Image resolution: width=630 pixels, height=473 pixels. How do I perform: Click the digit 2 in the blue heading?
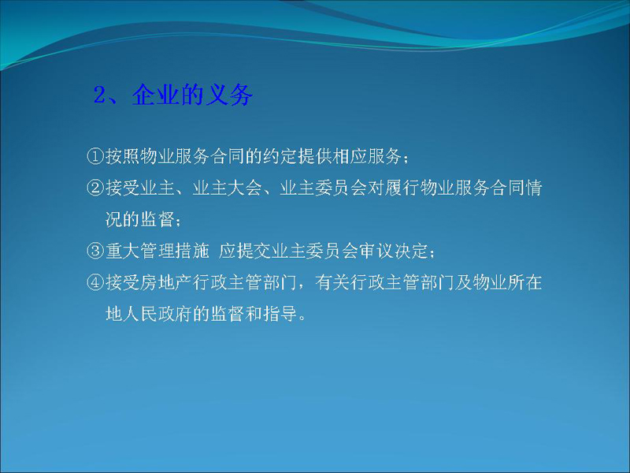coord(99,95)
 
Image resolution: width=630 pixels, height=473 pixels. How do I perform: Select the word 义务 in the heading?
coord(229,95)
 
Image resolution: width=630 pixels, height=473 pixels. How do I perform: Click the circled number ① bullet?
coord(95,156)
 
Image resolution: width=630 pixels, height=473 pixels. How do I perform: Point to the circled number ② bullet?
coord(95,188)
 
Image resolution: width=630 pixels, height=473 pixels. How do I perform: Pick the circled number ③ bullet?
coord(95,251)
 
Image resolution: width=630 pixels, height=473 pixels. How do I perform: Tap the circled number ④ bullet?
coord(95,282)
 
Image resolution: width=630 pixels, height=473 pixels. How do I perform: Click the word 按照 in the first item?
coord(123,156)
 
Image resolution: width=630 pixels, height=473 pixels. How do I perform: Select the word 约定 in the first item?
coord(280,156)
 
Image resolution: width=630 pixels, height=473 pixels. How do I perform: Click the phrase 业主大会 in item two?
coord(227,188)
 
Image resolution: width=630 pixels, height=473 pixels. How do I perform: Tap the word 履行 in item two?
coord(402,188)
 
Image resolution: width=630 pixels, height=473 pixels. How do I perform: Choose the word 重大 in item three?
coord(123,251)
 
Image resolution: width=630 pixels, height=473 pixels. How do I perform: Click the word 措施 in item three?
coord(192,251)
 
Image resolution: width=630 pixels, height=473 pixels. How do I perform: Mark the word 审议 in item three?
coord(376,251)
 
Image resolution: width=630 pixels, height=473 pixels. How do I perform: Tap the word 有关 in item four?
coord(332,282)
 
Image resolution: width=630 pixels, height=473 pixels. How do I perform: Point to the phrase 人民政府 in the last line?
coord(157,314)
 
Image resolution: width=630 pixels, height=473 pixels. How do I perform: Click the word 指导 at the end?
coord(280,314)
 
